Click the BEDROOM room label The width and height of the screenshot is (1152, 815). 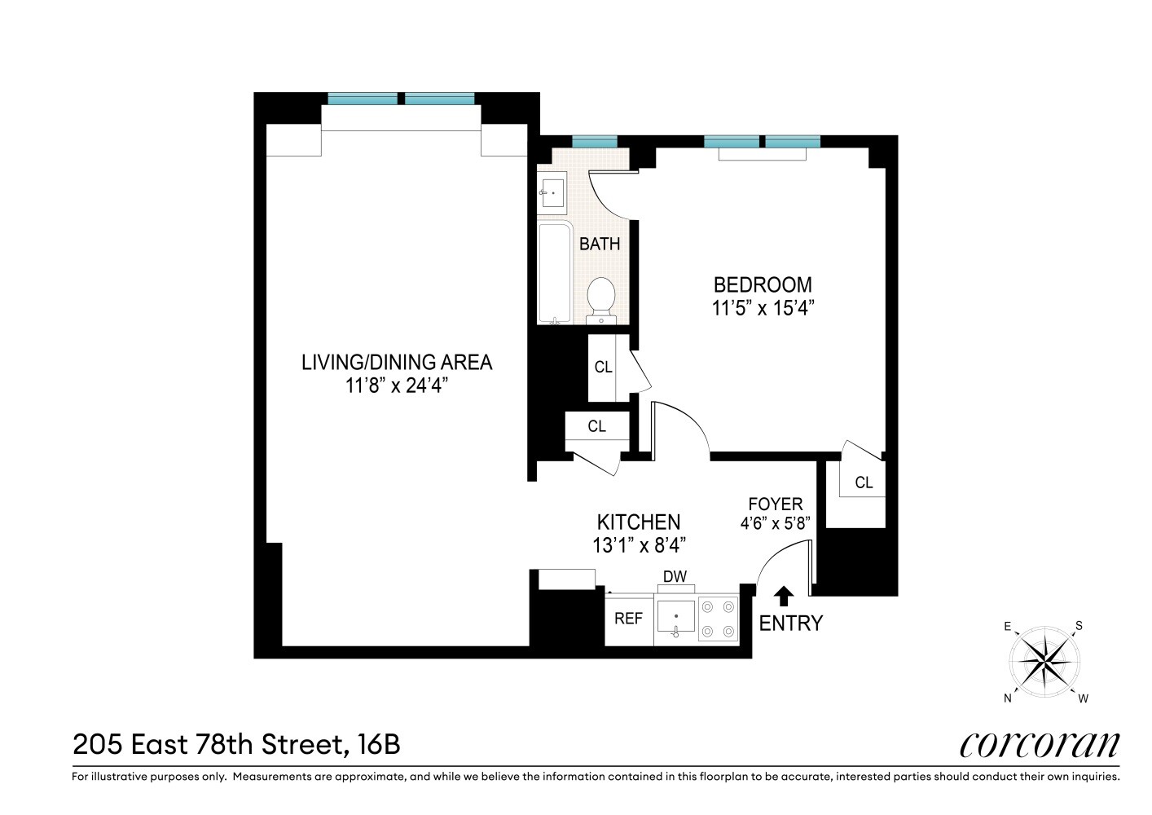(x=763, y=284)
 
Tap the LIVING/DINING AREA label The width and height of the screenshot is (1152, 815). (x=397, y=362)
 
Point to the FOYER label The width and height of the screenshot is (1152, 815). (x=775, y=504)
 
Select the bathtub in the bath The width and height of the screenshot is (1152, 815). (x=555, y=272)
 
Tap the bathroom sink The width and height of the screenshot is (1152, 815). (x=552, y=193)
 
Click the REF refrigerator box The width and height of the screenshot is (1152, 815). (x=628, y=619)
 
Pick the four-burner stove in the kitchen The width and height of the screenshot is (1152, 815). (x=719, y=619)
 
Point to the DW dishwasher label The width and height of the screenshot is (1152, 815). (x=675, y=577)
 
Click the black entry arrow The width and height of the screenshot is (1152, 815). (x=783, y=596)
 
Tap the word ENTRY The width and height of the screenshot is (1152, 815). (x=790, y=623)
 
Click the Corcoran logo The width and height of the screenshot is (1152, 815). (x=1039, y=744)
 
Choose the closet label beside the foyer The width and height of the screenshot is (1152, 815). (x=864, y=482)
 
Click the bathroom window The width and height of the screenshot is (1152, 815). (x=594, y=141)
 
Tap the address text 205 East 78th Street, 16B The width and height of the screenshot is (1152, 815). (x=236, y=744)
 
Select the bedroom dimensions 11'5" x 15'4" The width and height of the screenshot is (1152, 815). (x=763, y=308)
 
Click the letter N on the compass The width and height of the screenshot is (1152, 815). (x=1008, y=698)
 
